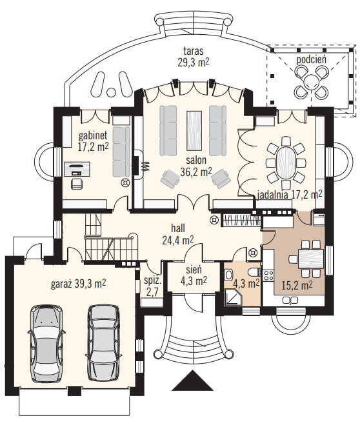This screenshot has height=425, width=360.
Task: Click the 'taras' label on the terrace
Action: coord(194,51)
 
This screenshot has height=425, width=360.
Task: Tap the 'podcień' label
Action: coord(311,59)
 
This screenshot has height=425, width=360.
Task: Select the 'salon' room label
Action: coord(196,160)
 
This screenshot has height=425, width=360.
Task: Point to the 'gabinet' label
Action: coord(93,135)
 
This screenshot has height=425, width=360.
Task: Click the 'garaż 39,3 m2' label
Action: coord(78,284)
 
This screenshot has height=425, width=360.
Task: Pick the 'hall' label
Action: coord(178,228)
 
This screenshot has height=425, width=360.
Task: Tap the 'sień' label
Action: coord(194,270)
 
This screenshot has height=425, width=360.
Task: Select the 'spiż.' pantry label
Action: coord(153,281)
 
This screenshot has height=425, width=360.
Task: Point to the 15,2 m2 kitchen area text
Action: coord(297,285)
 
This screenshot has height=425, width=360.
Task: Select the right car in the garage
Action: coord(103,343)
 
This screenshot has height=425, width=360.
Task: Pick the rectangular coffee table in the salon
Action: coord(194,130)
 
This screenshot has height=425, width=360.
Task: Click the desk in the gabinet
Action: coord(77,169)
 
